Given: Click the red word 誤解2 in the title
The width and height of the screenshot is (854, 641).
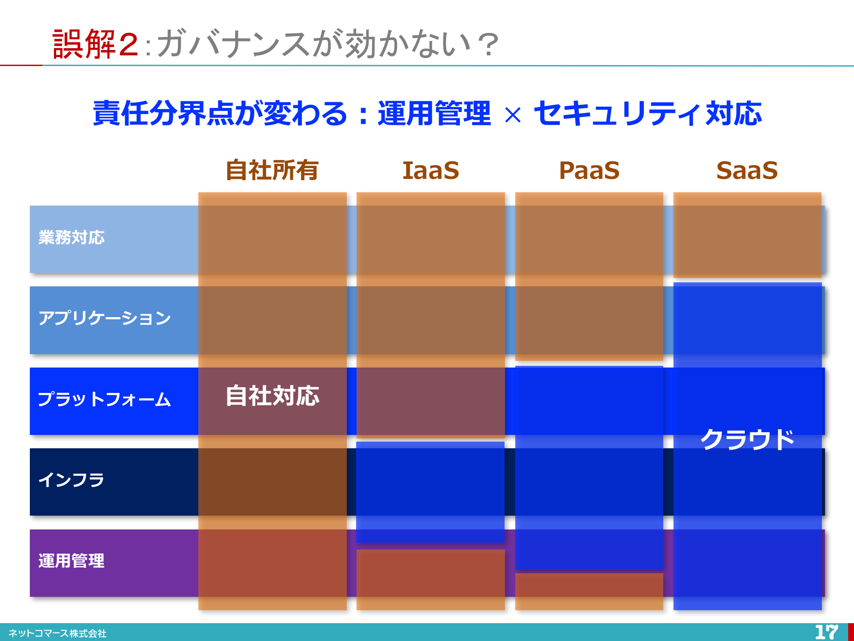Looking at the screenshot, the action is click(x=95, y=44).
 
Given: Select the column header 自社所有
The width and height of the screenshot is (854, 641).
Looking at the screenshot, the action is click(x=272, y=170).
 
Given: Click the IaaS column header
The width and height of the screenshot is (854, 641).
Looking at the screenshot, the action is click(x=431, y=170).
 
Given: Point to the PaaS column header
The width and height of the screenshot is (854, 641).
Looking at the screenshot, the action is click(x=589, y=170).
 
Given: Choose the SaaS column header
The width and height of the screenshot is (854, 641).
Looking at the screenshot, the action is click(x=747, y=170).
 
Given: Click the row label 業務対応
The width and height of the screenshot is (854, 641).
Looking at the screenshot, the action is click(x=72, y=237).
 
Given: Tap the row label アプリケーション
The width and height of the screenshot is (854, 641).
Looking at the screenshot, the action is click(x=105, y=318).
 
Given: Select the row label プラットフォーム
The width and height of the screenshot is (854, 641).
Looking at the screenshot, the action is click(x=104, y=399).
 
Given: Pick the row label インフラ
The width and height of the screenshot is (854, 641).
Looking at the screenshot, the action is click(x=71, y=480).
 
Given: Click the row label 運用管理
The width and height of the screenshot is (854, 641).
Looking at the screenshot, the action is click(x=71, y=561).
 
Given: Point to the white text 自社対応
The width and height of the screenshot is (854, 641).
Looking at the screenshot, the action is click(x=272, y=396).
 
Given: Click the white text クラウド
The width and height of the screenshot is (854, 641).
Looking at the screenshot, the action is click(x=747, y=439).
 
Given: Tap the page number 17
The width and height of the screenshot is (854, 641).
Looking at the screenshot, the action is click(x=827, y=632).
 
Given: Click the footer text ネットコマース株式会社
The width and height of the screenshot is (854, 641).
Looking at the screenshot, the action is click(x=57, y=633).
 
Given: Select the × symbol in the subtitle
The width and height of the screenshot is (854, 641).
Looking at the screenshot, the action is click(x=513, y=116).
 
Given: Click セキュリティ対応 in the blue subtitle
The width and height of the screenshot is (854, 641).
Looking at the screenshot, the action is click(x=648, y=113).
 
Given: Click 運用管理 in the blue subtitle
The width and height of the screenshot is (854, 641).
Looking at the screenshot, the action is click(x=435, y=113).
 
